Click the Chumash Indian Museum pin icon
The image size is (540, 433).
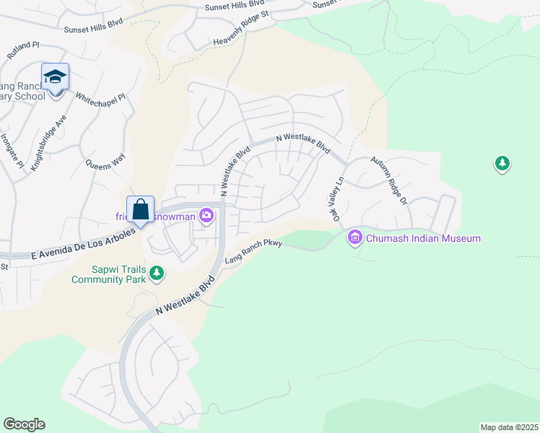[x=355, y=237]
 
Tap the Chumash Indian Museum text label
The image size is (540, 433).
[x=422, y=238]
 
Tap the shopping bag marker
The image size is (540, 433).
[x=141, y=209]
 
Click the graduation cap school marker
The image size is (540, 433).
[x=55, y=76]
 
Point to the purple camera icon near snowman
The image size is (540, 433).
[x=207, y=215]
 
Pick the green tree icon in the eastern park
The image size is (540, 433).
[x=502, y=164]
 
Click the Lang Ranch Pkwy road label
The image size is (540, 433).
[x=252, y=253]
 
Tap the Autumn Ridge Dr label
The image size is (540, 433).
[x=390, y=180]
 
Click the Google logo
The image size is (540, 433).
[x=24, y=424]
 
